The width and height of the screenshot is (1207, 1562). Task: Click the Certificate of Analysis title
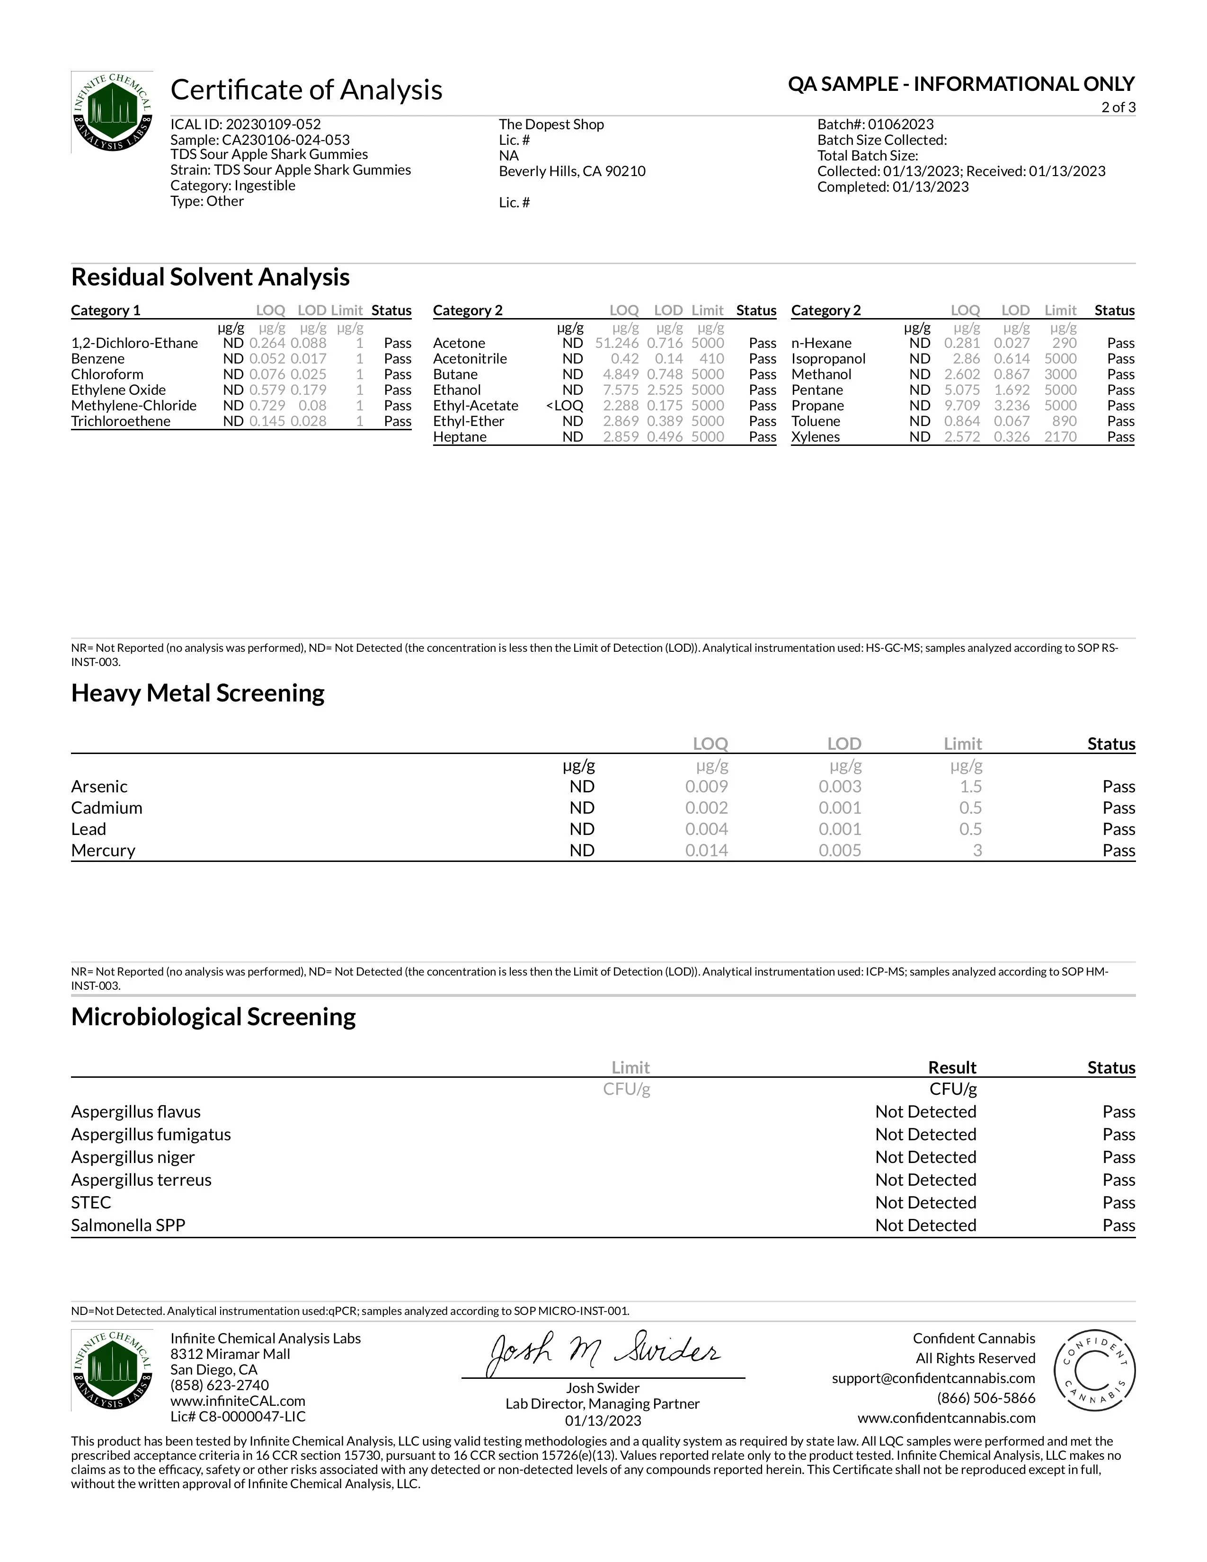click(306, 90)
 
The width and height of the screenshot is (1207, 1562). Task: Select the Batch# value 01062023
click(900, 124)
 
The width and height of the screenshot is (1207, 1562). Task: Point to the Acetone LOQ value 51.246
click(616, 343)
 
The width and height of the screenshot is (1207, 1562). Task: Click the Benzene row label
click(98, 359)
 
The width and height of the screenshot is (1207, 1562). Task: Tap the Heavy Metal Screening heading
click(197, 693)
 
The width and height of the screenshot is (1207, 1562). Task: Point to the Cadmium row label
click(106, 808)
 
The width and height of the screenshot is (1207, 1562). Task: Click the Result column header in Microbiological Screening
click(952, 1068)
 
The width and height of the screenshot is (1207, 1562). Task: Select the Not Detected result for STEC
click(925, 1203)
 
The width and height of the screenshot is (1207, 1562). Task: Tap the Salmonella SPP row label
click(128, 1226)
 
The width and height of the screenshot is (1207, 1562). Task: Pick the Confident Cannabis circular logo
click(1094, 1372)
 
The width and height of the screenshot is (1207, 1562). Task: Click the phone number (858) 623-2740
click(220, 1385)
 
